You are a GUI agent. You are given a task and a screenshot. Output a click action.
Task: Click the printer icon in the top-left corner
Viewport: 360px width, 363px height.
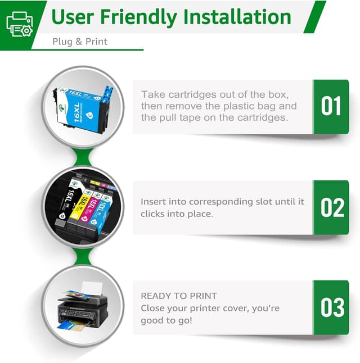tap(19, 24)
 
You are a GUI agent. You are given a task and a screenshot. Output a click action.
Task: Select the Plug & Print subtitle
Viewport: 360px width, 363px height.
tap(80, 42)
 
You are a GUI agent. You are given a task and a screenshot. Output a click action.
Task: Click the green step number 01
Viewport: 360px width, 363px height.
tap(331, 107)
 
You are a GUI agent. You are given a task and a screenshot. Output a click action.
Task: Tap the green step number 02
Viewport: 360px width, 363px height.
tap(331, 207)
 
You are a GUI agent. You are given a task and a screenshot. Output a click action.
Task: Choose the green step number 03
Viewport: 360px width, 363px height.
tap(331, 307)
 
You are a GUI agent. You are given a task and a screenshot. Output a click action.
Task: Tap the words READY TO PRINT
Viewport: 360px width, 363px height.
tap(178, 296)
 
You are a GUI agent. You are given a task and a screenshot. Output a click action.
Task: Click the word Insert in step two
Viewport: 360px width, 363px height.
tap(154, 201)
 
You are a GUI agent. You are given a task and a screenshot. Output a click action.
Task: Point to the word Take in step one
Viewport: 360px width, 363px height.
tap(152, 94)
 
